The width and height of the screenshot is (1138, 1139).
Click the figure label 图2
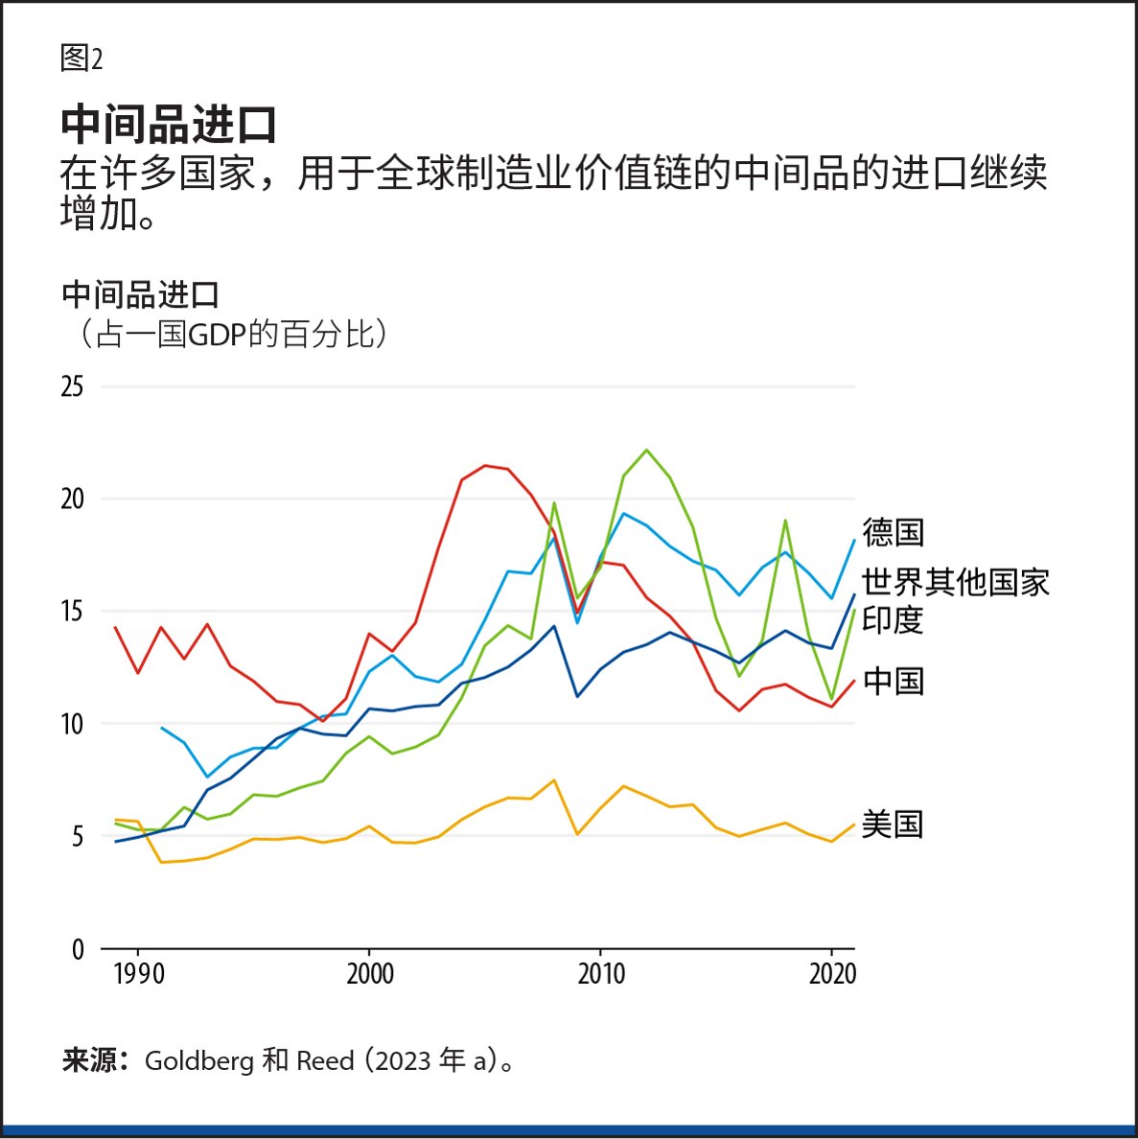81,58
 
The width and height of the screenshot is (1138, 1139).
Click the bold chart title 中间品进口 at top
169,125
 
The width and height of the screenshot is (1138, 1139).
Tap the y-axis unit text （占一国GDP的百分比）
228,335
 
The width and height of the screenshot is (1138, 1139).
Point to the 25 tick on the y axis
72,387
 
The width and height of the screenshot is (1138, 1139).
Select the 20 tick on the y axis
72,500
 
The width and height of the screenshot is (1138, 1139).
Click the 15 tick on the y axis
72,612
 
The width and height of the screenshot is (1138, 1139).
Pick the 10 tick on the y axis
72,724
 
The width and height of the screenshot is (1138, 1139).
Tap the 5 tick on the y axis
76,837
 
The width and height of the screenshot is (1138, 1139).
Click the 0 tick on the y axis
78,949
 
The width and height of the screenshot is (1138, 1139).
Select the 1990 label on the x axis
138,975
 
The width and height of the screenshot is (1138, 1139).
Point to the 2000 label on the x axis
370,975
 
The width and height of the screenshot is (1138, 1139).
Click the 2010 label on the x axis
600,975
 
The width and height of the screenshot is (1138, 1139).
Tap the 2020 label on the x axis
831,975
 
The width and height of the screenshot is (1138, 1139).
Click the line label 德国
893,532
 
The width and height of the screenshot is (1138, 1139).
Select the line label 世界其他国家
955,582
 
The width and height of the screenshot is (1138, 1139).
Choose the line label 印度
893,619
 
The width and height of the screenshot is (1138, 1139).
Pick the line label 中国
893,682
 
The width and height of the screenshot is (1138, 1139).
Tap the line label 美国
893,825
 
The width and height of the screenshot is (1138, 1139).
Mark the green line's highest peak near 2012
646,450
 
